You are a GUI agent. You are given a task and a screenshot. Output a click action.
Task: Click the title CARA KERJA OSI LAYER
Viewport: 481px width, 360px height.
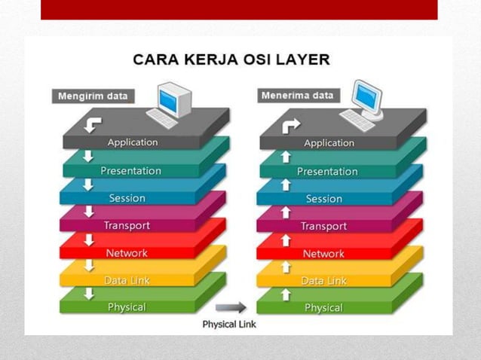point(231,59)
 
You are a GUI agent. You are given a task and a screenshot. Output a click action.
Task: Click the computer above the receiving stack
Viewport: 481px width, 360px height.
point(363,105)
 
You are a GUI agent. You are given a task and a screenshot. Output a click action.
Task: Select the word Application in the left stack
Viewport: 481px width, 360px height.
point(133,142)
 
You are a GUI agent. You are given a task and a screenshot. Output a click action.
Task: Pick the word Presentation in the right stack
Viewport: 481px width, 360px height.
point(327,171)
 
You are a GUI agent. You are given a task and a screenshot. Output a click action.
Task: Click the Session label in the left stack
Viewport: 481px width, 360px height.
point(127,198)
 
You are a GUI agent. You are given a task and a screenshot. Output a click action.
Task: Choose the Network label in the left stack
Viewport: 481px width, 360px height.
point(127,253)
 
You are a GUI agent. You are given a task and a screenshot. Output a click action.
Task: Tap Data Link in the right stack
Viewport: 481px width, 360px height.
point(324,280)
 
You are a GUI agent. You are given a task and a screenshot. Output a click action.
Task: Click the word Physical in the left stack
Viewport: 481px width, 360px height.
point(127,307)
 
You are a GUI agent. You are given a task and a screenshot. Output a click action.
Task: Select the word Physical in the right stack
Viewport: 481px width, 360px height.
point(323,308)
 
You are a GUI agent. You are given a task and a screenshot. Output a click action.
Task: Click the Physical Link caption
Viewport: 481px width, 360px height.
point(229,324)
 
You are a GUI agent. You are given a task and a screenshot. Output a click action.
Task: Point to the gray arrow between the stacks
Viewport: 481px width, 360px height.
point(231,307)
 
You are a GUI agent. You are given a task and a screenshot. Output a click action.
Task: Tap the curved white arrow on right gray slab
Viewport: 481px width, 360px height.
point(290,125)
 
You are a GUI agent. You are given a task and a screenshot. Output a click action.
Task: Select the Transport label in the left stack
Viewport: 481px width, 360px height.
point(127,225)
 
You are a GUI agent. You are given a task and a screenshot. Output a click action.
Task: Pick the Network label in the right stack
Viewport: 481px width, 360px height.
point(323,254)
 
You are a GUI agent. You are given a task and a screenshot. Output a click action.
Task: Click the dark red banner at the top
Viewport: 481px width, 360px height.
point(239,9)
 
